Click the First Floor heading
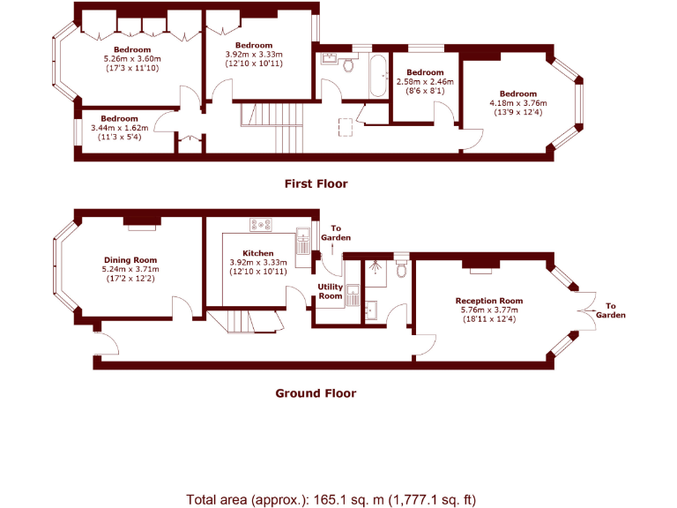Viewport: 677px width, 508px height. (x=316, y=184)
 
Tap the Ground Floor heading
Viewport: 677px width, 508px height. (x=316, y=393)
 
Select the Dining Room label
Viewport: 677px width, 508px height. (x=130, y=260)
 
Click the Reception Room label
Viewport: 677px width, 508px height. (x=489, y=301)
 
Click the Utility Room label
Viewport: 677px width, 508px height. (x=331, y=292)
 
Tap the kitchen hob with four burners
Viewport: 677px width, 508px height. (x=261, y=225)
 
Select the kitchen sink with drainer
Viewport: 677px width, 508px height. (x=302, y=240)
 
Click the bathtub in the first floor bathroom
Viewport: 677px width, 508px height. (x=378, y=77)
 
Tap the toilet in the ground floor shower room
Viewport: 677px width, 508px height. (x=401, y=269)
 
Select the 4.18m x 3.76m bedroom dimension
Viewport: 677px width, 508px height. (x=517, y=103)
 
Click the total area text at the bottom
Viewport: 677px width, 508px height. (x=331, y=499)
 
